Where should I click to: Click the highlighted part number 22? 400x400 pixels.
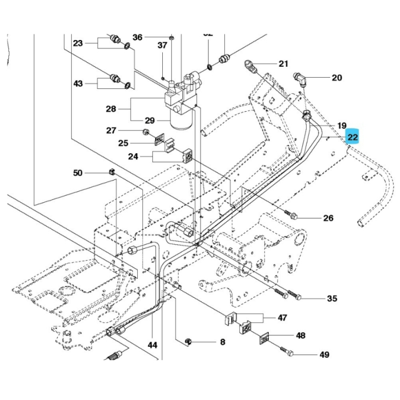point(353,137)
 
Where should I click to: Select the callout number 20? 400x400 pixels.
point(337,78)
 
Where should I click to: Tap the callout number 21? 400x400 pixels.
point(283,64)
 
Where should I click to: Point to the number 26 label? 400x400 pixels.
point(328,218)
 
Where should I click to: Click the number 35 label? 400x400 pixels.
point(332,299)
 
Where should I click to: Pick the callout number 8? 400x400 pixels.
point(222,342)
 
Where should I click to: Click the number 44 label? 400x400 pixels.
point(152,345)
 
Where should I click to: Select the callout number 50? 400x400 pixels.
point(78,173)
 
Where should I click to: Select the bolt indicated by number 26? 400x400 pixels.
point(291,214)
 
